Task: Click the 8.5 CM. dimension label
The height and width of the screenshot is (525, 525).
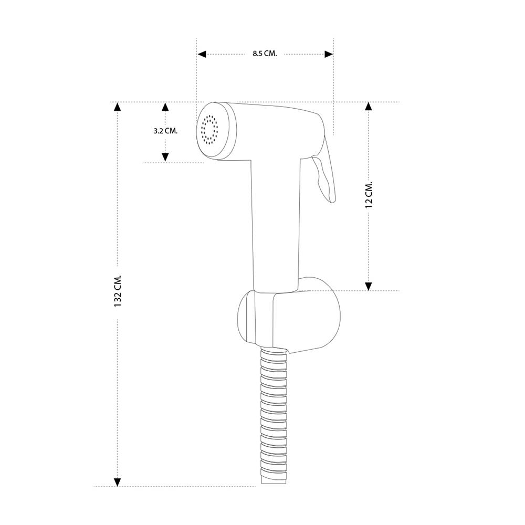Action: click(x=265, y=54)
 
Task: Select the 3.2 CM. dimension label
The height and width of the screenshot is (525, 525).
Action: click(x=165, y=131)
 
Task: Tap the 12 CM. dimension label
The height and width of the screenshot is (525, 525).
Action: click(x=369, y=195)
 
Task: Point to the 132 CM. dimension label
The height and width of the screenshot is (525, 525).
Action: click(x=117, y=291)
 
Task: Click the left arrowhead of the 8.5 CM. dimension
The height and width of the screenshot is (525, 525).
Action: click(x=202, y=54)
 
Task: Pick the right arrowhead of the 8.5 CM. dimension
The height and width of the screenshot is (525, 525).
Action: click(x=329, y=54)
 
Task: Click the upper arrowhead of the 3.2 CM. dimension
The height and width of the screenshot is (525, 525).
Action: click(x=165, y=107)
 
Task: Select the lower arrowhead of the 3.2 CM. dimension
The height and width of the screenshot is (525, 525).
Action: click(x=165, y=157)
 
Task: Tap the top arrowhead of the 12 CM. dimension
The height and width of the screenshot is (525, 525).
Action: click(x=369, y=107)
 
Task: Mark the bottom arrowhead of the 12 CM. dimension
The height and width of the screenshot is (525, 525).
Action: click(x=369, y=286)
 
